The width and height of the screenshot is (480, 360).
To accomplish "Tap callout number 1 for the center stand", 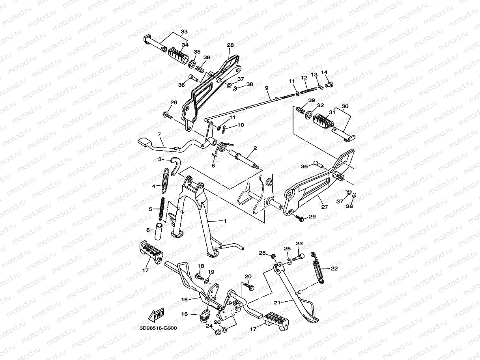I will tap(225, 221).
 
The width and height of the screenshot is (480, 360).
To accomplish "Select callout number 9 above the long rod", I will tap(267, 88).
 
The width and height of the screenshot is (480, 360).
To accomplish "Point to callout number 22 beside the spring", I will tap(334, 269).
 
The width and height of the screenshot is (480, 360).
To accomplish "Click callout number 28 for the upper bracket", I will tap(230, 45).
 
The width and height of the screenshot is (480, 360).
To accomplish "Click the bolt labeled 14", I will tap(330, 84).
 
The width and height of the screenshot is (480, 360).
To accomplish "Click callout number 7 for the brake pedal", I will tap(159, 135).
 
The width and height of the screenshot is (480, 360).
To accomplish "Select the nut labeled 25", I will tap(273, 256).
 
